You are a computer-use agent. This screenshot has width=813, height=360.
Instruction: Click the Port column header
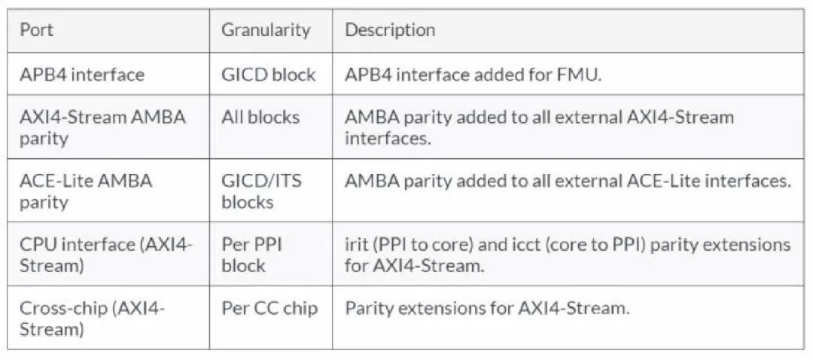point(36,30)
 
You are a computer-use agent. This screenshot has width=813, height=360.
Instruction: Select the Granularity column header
point(265,30)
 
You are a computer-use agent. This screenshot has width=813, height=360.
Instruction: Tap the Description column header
point(389,30)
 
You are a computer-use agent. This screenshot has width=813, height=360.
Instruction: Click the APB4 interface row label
point(81,75)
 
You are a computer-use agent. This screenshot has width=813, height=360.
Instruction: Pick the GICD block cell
point(268,75)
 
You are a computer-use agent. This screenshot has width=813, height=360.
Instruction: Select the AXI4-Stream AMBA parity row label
point(102,127)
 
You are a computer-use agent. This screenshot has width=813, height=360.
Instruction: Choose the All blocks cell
point(260,117)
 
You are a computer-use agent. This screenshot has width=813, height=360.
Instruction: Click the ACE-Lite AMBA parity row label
point(85,191)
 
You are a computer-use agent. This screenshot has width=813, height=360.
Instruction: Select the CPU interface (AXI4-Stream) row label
point(105,255)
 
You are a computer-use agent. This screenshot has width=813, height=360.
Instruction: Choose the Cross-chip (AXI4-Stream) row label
point(92,319)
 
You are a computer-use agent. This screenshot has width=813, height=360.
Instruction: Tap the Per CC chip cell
point(269,308)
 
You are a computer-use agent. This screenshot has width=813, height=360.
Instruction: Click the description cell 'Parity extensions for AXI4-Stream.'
point(486,308)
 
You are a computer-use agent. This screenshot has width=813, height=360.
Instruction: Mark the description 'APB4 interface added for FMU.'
point(473,75)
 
